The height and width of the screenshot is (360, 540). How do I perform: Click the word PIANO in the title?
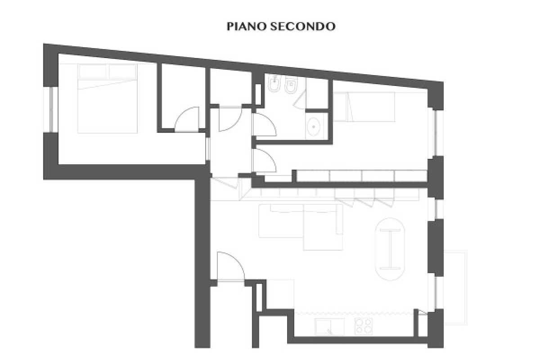point(246,27)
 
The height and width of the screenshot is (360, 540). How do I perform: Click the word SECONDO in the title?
point(302,27)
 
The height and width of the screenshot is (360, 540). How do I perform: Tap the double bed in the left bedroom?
point(108,99)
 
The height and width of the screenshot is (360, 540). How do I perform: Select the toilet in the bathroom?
point(291,85)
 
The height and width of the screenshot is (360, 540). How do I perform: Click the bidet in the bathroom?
point(274,83)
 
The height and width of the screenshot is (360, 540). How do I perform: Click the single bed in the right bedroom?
point(364,107)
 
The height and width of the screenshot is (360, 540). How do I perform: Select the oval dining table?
point(390,249)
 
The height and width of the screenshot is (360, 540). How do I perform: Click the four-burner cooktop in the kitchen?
point(364,326)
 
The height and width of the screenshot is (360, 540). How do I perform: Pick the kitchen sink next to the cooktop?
point(329,327)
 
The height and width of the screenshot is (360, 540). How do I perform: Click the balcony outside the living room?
point(455,288)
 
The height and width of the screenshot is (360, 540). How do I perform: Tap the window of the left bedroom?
point(51,109)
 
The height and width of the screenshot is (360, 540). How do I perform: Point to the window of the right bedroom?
point(436,133)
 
